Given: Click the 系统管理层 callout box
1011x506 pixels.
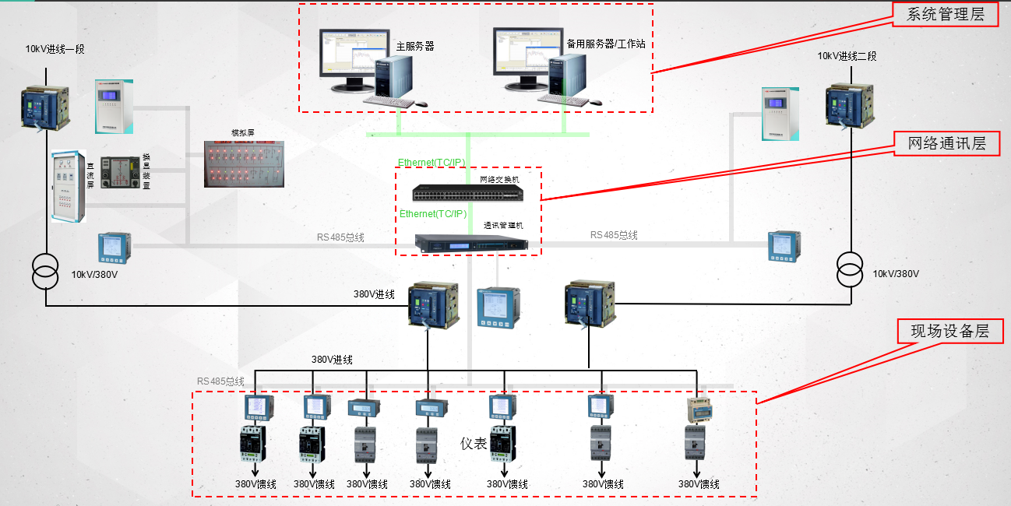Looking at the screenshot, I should [x=945, y=14].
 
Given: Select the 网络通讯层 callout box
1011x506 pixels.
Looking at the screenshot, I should [x=946, y=143].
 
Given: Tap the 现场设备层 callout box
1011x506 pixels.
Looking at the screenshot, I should [x=949, y=331].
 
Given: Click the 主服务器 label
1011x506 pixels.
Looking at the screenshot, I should [x=414, y=47].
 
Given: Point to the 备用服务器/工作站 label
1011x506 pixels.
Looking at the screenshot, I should [x=605, y=44].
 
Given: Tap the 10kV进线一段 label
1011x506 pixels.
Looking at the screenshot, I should [x=55, y=49].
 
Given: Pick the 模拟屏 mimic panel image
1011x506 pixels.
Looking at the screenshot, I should [x=243, y=164].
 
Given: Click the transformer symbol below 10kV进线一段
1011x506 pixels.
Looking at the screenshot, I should [x=45, y=269].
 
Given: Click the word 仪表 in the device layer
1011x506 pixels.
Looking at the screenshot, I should [x=474, y=444].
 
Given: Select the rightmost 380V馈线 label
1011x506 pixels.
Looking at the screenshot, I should [x=699, y=484].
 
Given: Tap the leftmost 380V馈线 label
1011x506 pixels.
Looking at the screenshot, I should [x=255, y=484].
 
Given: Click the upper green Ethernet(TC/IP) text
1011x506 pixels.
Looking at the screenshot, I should [x=432, y=163].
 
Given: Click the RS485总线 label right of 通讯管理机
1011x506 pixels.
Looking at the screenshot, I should [x=614, y=235].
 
